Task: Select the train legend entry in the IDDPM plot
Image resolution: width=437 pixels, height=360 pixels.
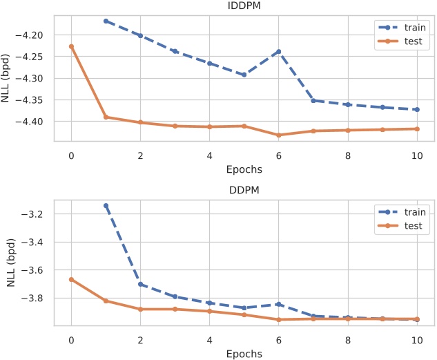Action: (x=408, y=28)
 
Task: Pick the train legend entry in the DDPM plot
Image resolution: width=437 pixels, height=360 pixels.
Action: (x=408, y=211)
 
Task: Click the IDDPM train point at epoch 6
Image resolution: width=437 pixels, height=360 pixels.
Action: (x=279, y=52)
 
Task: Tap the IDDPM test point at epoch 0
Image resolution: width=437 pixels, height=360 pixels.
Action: (x=71, y=46)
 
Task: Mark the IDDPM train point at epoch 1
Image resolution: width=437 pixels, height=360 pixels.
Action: (x=106, y=21)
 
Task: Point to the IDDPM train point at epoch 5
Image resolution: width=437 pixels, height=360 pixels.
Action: (x=244, y=75)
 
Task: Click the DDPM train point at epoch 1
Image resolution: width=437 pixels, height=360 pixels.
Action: (x=106, y=206)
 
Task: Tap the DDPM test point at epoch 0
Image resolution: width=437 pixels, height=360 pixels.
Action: (x=71, y=279)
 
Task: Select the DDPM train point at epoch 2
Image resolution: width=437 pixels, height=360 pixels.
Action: (x=140, y=284)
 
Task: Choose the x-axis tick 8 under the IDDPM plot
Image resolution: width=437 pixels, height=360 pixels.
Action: (x=348, y=155)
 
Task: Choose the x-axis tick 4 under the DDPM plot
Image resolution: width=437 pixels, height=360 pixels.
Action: (x=210, y=340)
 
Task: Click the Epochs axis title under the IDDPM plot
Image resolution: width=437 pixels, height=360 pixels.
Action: (x=244, y=169)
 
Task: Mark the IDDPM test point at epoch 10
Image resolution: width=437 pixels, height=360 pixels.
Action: (x=417, y=129)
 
